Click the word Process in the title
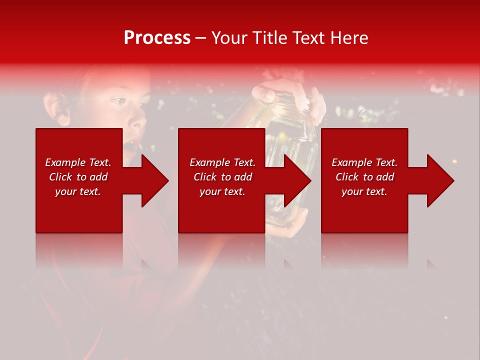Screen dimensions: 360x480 (x=157, y=38)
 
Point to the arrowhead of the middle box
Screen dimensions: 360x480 (x=296, y=180)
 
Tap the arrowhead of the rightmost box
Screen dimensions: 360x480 (x=439, y=180)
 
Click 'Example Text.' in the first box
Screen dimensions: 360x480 (x=78, y=162)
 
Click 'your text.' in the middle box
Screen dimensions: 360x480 (x=222, y=191)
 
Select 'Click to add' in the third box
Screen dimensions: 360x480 (x=364, y=177)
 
